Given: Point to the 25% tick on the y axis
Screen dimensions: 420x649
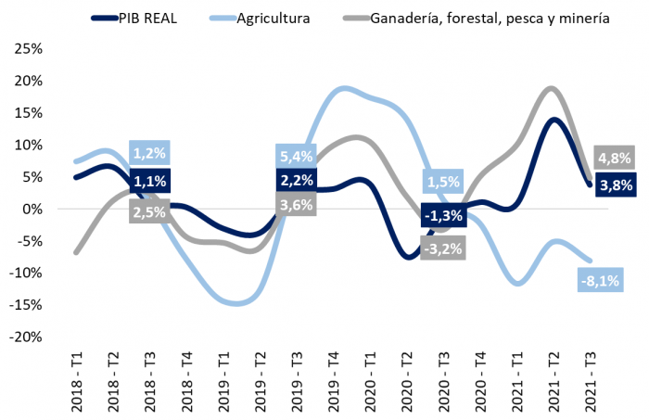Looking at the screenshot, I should coord(27,48).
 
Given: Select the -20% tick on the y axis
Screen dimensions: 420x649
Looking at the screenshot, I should coord(25,337).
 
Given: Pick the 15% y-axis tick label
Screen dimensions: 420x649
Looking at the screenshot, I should coord(27,112).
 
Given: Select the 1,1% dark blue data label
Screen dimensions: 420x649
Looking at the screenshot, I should coord(150,182).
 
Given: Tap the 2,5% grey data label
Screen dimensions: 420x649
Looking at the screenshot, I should coord(150,212).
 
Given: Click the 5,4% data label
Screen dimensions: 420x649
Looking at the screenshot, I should coord(297,156).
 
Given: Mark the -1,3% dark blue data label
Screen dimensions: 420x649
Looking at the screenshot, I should coord(442,216).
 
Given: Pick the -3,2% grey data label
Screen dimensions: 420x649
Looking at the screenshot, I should coord(442,248).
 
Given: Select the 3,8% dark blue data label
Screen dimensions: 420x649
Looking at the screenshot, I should coord(615,185).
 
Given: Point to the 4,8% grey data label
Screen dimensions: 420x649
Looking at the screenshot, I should coord(615,157).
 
